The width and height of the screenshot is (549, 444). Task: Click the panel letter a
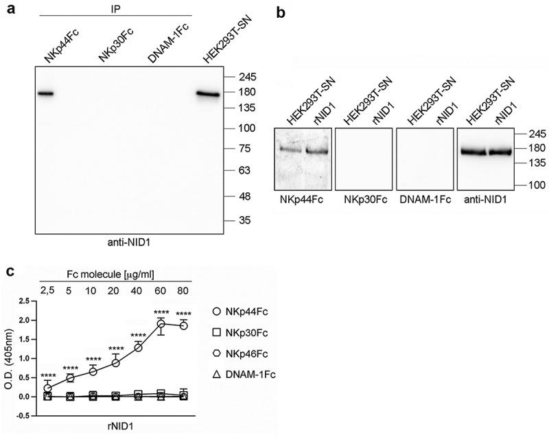pyautogui.click(x=8, y=9)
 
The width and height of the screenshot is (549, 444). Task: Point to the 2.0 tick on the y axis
pyautogui.click(x=26, y=320)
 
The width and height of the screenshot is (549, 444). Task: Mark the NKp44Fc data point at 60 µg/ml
pyautogui.click(x=161, y=323)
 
